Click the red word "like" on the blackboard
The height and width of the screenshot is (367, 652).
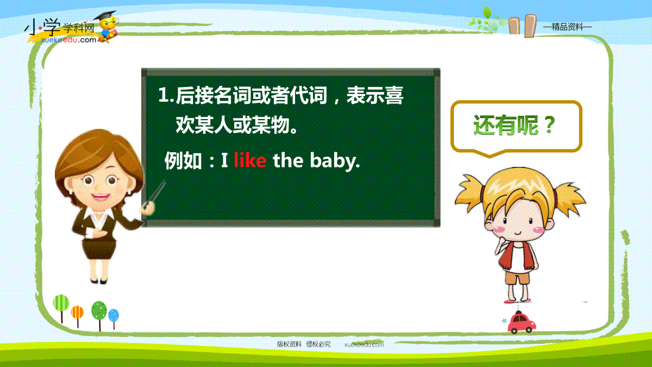250,160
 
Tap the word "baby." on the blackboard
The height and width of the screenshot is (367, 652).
335,161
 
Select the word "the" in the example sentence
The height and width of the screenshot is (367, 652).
288,160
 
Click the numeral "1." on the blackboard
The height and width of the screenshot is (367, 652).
166,95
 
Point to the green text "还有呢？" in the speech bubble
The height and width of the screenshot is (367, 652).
515,125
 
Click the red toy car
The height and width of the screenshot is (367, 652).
522,323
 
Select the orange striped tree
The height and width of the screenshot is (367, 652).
77,316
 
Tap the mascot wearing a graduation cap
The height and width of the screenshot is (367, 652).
108,27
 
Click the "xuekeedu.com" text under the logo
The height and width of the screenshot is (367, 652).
68,40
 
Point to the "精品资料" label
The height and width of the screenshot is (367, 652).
567,27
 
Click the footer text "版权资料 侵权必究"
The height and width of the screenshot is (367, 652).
304,344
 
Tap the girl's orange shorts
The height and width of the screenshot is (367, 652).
517,277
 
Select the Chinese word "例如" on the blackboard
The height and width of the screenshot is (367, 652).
183,161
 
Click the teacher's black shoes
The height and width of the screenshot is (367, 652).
99,282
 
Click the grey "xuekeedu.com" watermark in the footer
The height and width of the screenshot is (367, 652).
364,345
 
